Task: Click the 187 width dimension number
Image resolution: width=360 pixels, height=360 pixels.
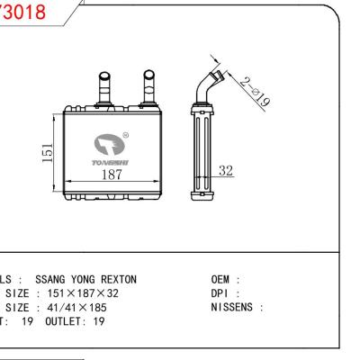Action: (111, 174)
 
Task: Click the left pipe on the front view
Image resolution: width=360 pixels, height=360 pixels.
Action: (102, 87)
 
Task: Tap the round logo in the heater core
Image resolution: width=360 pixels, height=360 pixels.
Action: (110, 142)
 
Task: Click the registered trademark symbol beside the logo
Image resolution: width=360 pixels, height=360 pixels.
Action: (125, 134)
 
